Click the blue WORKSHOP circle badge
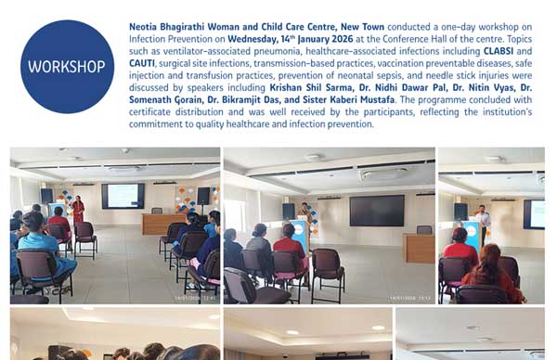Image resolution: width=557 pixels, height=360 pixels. tap(67, 67)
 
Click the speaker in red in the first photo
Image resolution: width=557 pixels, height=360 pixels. tap(78, 210)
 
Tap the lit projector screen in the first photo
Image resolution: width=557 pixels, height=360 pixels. tap(123, 196)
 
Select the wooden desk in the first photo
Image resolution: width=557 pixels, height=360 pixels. tap(163, 223)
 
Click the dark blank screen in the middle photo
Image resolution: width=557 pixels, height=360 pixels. tap(376, 210)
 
